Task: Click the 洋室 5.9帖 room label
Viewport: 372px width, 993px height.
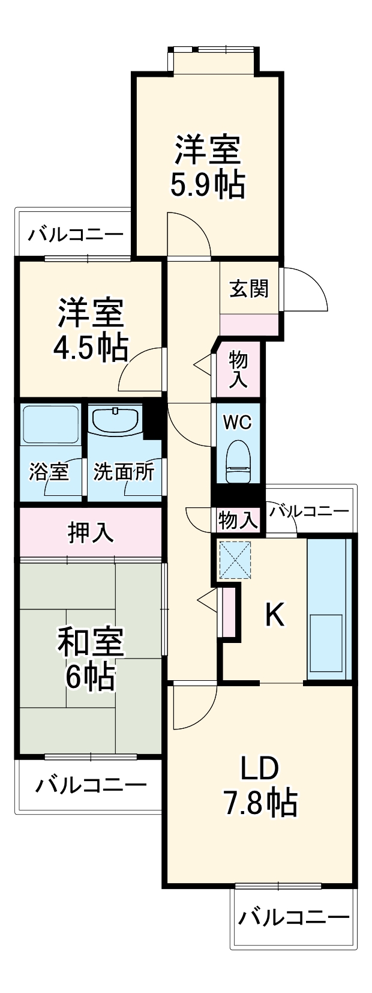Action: (x=208, y=167)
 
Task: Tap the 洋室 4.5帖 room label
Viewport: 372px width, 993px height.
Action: (x=91, y=329)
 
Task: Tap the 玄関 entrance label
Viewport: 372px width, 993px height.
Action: (x=249, y=289)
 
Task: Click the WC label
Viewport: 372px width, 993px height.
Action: (x=237, y=422)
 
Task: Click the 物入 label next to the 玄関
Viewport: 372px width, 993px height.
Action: (x=238, y=369)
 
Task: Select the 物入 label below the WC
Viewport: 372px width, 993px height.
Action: (x=238, y=519)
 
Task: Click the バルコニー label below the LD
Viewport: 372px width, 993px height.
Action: (x=293, y=917)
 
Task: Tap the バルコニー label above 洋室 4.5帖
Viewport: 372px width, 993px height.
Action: (x=75, y=234)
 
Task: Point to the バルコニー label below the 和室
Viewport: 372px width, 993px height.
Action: (x=90, y=785)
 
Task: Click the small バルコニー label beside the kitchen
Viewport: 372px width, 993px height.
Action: (x=308, y=512)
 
